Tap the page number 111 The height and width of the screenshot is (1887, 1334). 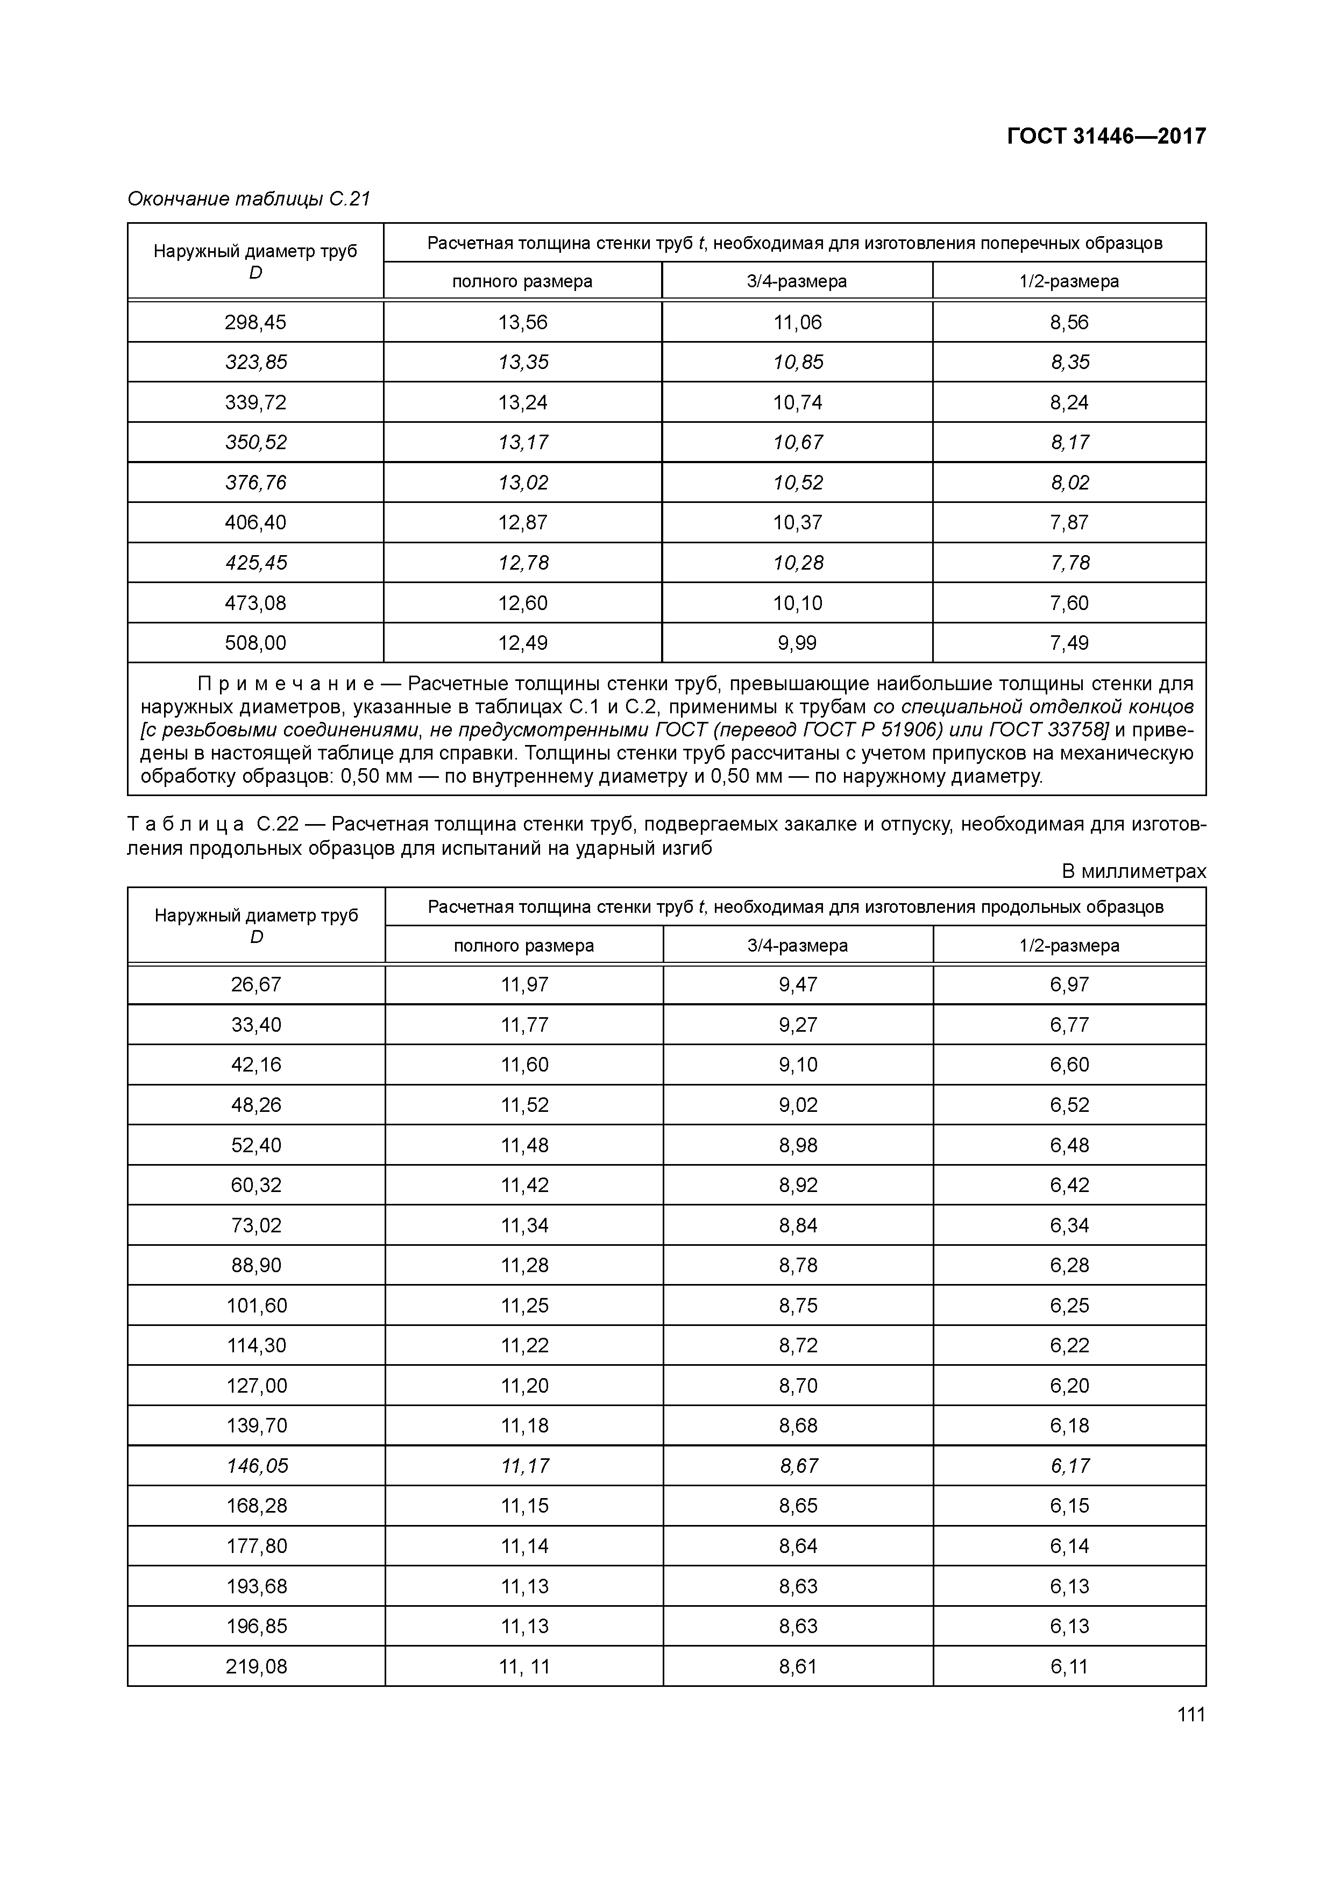tap(1190, 1714)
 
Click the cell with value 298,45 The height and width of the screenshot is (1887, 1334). tap(256, 322)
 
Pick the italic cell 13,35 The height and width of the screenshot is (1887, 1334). tap(523, 363)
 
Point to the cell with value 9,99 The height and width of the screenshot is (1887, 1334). tap(797, 643)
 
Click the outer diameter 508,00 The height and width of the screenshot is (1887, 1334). tap(256, 643)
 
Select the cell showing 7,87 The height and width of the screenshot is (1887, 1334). tap(1068, 523)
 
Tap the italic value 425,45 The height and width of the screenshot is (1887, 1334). tap(256, 563)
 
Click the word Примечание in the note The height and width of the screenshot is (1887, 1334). tap(285, 684)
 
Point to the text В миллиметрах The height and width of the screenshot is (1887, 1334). tap(1133, 871)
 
